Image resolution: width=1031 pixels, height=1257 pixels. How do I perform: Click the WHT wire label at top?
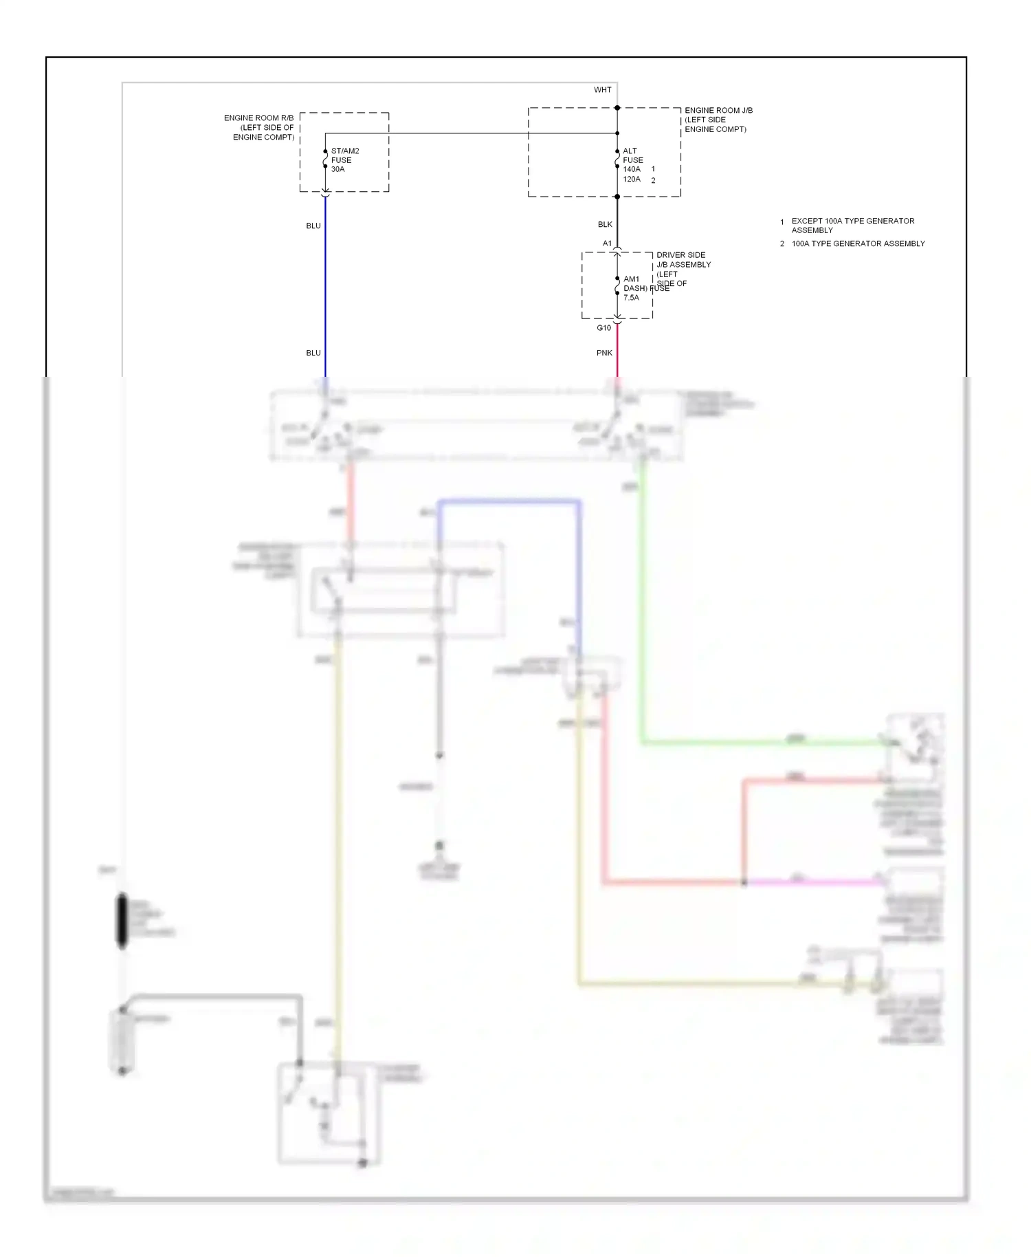pyautogui.click(x=602, y=90)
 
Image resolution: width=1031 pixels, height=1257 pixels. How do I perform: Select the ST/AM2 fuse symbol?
pyautogui.click(x=325, y=160)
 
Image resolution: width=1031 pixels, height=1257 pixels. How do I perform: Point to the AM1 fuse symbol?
pyautogui.click(x=617, y=286)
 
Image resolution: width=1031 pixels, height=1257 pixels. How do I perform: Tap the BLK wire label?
pyautogui.click(x=605, y=224)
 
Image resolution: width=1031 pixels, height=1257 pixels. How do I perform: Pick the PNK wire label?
pyautogui.click(x=604, y=353)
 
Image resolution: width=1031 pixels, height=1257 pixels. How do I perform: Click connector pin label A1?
pyautogui.click(x=607, y=243)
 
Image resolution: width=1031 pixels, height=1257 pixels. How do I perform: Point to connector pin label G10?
pyautogui.click(x=603, y=328)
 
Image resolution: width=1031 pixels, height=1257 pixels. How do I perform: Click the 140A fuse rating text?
pyautogui.click(x=632, y=169)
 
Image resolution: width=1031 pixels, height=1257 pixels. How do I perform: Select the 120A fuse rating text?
pyautogui.click(x=632, y=179)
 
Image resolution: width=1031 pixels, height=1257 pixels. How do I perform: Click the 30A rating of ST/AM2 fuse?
pyautogui.click(x=337, y=169)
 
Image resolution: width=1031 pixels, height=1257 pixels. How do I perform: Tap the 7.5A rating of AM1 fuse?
pyautogui.click(x=631, y=298)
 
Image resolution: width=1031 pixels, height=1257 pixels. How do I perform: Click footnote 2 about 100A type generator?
pyautogui.click(x=857, y=243)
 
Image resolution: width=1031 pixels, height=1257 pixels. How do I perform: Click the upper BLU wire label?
pyautogui.click(x=313, y=226)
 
